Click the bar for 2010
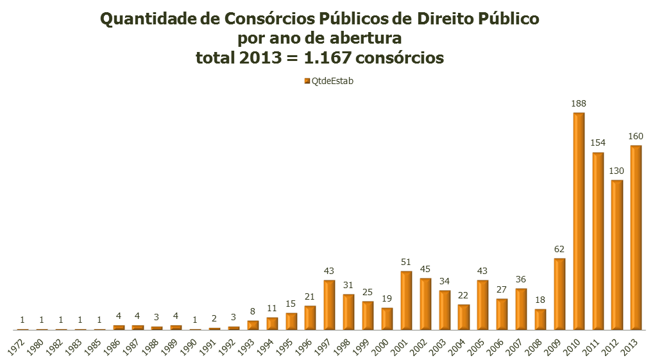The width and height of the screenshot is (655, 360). [x=579, y=221]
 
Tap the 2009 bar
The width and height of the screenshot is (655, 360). [x=559, y=294]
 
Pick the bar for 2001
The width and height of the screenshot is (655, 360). [x=406, y=300]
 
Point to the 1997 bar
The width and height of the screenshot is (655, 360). [x=329, y=305]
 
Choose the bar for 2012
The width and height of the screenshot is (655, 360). [x=617, y=255]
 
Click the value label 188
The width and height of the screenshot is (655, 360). [x=579, y=103]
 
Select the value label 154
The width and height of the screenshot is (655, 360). [x=598, y=143]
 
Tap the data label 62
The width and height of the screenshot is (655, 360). [x=559, y=249]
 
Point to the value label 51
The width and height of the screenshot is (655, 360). [x=406, y=262]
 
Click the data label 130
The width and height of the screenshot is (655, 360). [x=617, y=171]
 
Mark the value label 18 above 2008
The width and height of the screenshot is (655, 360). [x=540, y=300]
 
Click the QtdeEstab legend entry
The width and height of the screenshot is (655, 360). [x=328, y=81]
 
